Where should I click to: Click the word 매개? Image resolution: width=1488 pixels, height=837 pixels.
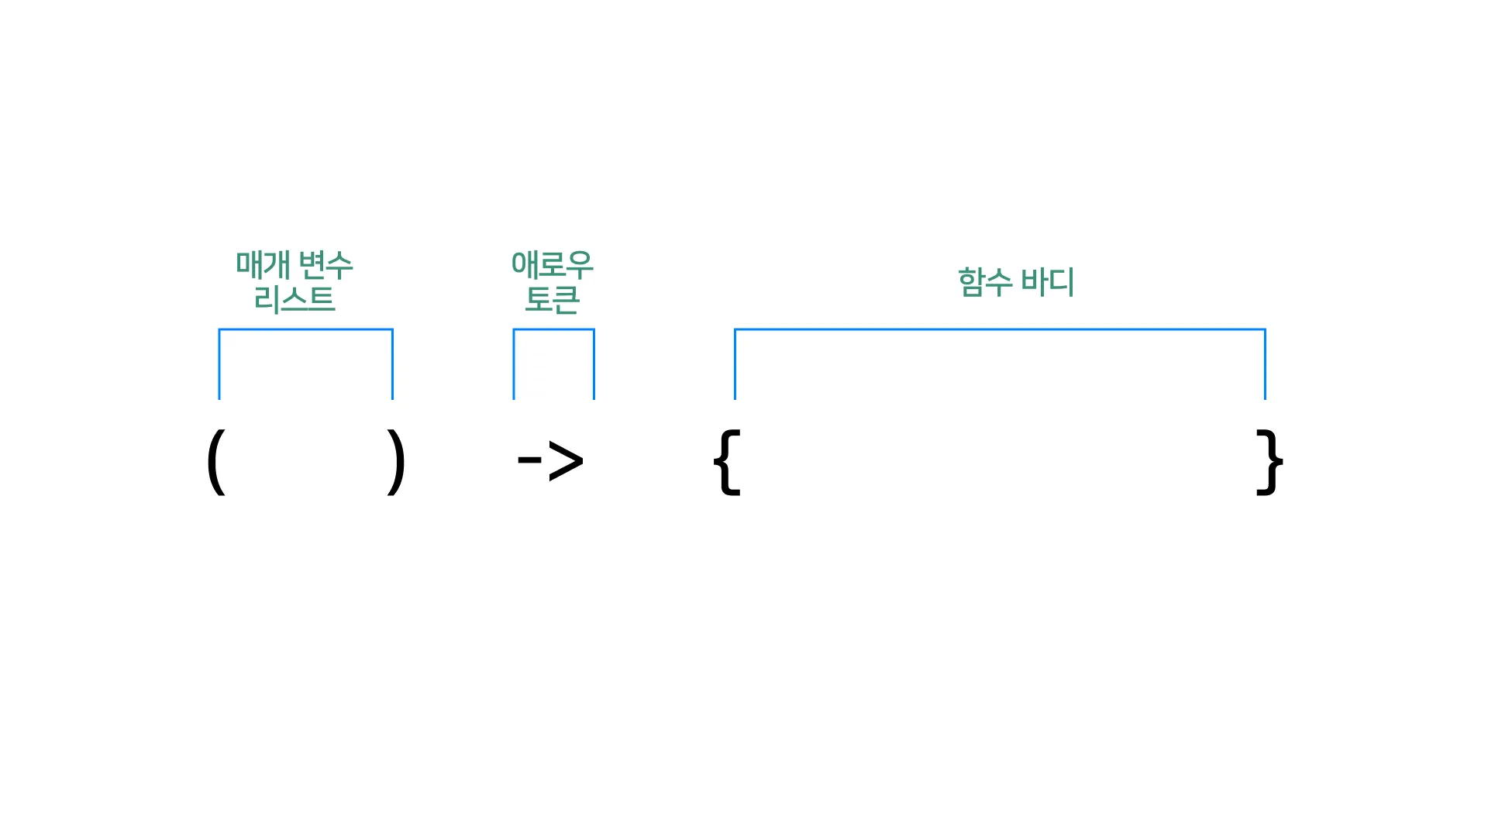point(263,265)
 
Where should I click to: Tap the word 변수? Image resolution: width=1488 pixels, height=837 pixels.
point(325,265)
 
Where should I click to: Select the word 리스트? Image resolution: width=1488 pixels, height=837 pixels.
point(294,299)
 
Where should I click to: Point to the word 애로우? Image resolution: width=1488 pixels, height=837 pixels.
point(553,265)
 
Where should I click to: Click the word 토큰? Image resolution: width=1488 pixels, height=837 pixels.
point(553,299)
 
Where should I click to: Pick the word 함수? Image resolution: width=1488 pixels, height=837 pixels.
point(985,281)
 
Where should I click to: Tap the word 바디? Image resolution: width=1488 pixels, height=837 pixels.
point(1047,281)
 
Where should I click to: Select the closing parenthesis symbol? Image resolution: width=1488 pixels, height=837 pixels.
point(396,462)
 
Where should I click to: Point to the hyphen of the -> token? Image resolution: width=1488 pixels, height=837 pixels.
point(529,460)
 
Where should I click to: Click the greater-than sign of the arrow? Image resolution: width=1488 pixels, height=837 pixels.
point(566,462)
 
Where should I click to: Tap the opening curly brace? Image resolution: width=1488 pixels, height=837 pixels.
point(727,462)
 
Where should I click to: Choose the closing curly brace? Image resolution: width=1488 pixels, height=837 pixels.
point(1269,462)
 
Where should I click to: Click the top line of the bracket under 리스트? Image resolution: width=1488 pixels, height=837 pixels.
point(306,329)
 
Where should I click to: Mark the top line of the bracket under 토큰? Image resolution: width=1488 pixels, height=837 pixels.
point(553,329)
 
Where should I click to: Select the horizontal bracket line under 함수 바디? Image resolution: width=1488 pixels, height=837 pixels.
point(1000,329)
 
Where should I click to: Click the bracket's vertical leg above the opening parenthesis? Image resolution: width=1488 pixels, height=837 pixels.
point(219,364)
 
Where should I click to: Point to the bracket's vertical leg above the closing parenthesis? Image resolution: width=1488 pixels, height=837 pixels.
point(392,364)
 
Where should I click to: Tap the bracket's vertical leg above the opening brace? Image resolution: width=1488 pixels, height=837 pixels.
point(735,364)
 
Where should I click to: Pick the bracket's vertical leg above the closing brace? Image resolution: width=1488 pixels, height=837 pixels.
point(1265,364)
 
